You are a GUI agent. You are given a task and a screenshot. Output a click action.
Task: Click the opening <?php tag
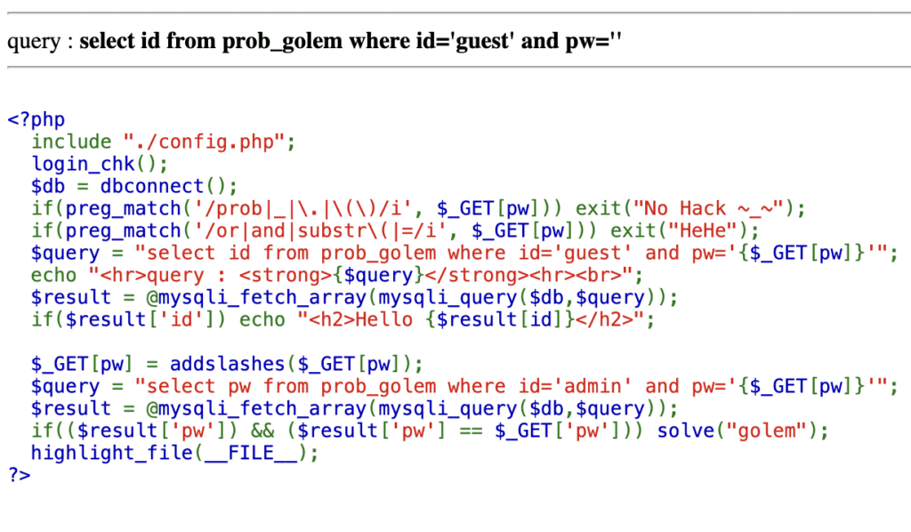pyautogui.click(x=36, y=119)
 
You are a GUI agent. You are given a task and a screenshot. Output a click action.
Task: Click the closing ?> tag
pyautogui.click(x=19, y=475)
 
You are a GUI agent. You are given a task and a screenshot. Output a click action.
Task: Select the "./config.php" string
pyautogui.click(x=209, y=141)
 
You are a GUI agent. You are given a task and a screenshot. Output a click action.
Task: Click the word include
pyautogui.click(x=71, y=141)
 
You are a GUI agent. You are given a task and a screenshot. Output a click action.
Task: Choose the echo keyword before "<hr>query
pyautogui.click(x=53, y=275)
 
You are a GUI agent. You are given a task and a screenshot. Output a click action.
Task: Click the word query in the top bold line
pyautogui.click(x=33, y=42)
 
